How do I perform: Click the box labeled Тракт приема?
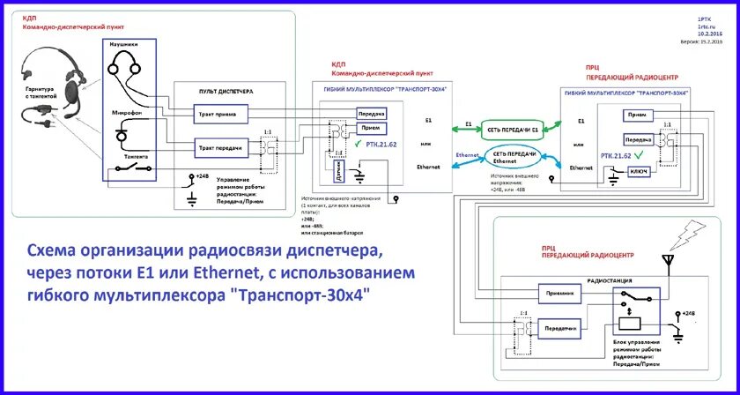[220, 115]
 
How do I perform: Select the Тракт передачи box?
[220, 149]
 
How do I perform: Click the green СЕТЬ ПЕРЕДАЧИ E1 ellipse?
[512, 129]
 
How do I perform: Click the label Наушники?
[122, 42]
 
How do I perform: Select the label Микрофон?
[122, 113]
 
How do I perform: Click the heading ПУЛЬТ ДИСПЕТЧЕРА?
[225, 91]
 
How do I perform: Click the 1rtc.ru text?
[707, 26]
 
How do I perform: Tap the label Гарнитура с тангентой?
[38, 93]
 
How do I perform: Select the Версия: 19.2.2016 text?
[700, 41]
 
